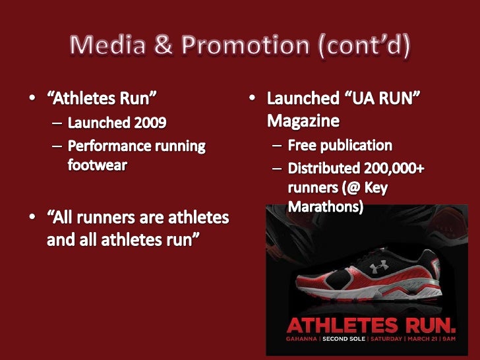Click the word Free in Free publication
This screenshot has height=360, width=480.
tap(303, 145)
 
